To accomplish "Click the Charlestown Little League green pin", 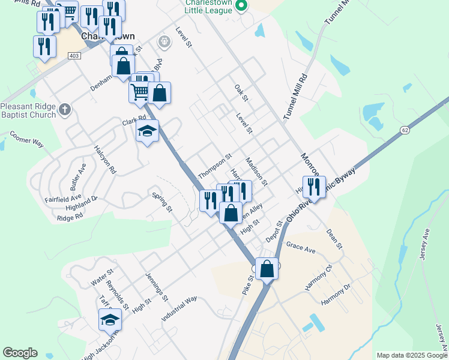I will [x=241, y=7].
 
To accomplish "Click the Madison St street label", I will [x=256, y=171].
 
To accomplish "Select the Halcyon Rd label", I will [x=104, y=159].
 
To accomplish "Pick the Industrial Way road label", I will [x=179, y=310].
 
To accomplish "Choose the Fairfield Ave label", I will [x=62, y=197].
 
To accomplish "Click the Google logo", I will [x=20, y=353].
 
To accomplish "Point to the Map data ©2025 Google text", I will [x=412, y=355].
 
